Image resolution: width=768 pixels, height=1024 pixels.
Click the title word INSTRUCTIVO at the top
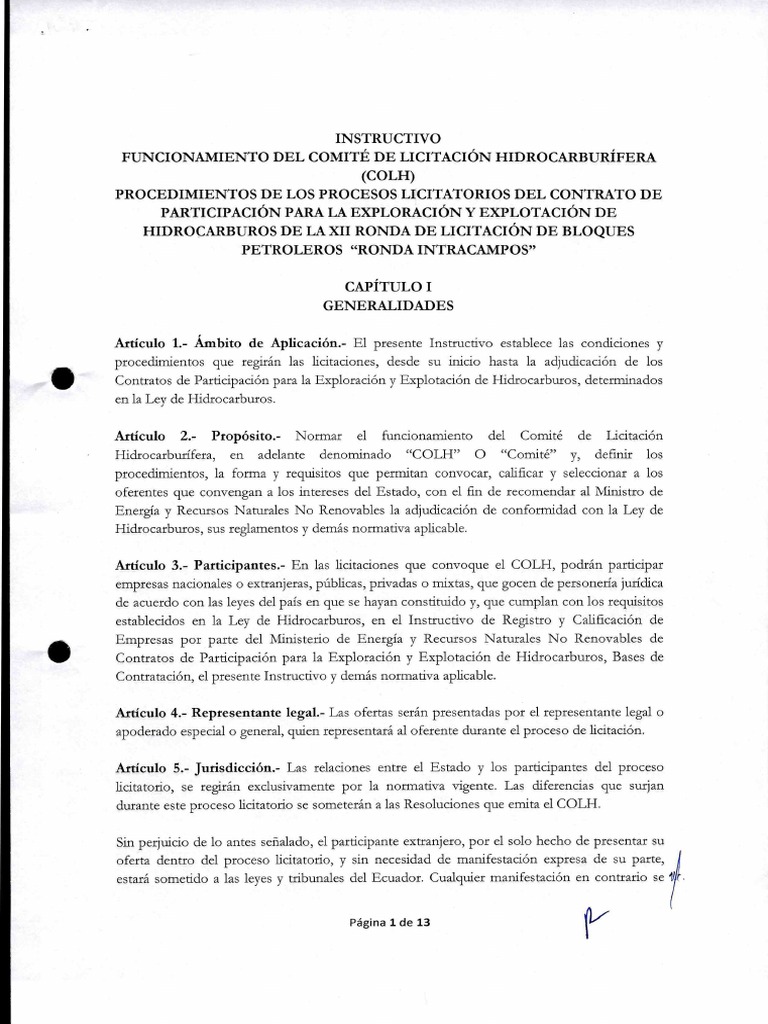[x=384, y=137]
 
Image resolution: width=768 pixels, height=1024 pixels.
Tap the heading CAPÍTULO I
[x=385, y=286]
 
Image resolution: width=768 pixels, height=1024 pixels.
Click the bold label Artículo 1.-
[x=150, y=343]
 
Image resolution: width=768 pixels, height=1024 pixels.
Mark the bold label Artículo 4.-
[x=150, y=712]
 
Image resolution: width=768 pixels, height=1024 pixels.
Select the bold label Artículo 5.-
[x=151, y=768]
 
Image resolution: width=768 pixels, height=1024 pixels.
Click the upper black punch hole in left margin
[x=62, y=379]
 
